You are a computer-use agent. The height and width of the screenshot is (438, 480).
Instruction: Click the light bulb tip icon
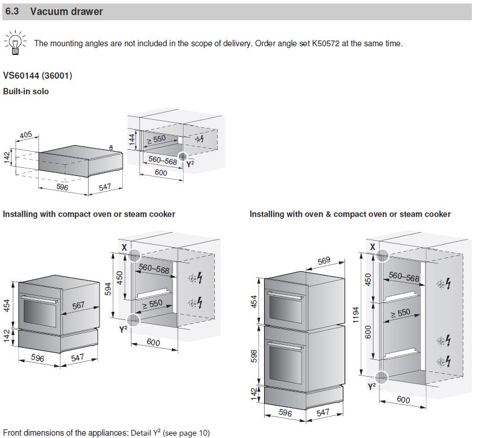(15, 43)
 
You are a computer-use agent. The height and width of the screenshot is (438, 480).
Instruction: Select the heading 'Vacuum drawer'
(67, 12)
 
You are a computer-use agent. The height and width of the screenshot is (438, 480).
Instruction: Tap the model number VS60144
(22, 76)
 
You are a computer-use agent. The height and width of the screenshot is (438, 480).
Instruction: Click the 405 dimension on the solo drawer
(25, 135)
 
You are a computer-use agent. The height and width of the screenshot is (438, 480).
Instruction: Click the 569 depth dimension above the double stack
(324, 261)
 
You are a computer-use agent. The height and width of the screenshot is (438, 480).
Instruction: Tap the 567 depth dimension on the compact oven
(78, 306)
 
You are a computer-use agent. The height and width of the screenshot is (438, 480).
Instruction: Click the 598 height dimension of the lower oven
(254, 356)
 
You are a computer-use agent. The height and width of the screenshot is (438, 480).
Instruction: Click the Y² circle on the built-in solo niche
(183, 156)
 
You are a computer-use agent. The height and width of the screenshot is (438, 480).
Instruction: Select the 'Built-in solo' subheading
(26, 91)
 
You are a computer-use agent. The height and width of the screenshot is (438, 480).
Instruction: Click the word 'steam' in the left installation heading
(135, 214)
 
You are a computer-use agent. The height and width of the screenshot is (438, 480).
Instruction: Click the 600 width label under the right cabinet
(403, 400)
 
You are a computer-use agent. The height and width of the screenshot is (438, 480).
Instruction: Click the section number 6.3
(13, 12)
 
